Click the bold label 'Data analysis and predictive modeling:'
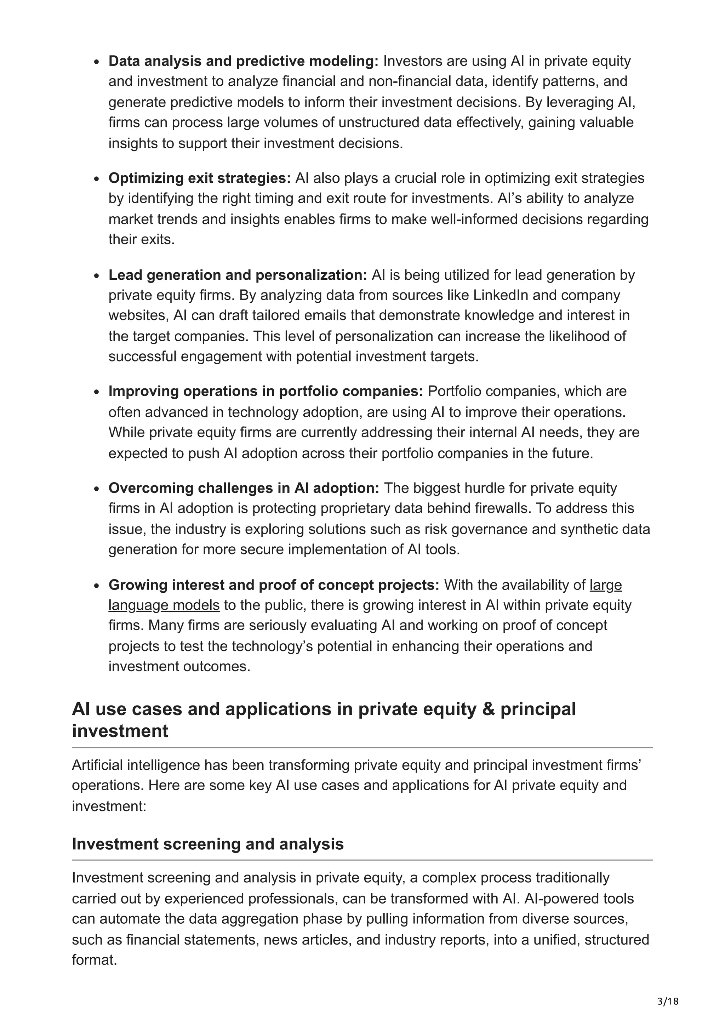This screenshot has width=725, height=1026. [244, 61]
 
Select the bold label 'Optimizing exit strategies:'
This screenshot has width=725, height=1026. [199, 178]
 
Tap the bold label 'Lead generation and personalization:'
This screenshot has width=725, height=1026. [238, 275]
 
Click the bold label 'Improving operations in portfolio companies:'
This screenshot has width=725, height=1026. [266, 392]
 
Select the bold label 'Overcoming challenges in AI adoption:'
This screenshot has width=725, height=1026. [244, 488]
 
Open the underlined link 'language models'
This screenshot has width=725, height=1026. [164, 605]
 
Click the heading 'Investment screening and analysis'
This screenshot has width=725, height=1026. [208, 844]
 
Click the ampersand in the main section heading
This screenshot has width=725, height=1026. [488, 709]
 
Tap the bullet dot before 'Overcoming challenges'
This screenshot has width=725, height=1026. [97, 489]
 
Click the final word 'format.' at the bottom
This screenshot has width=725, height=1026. [94, 960]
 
